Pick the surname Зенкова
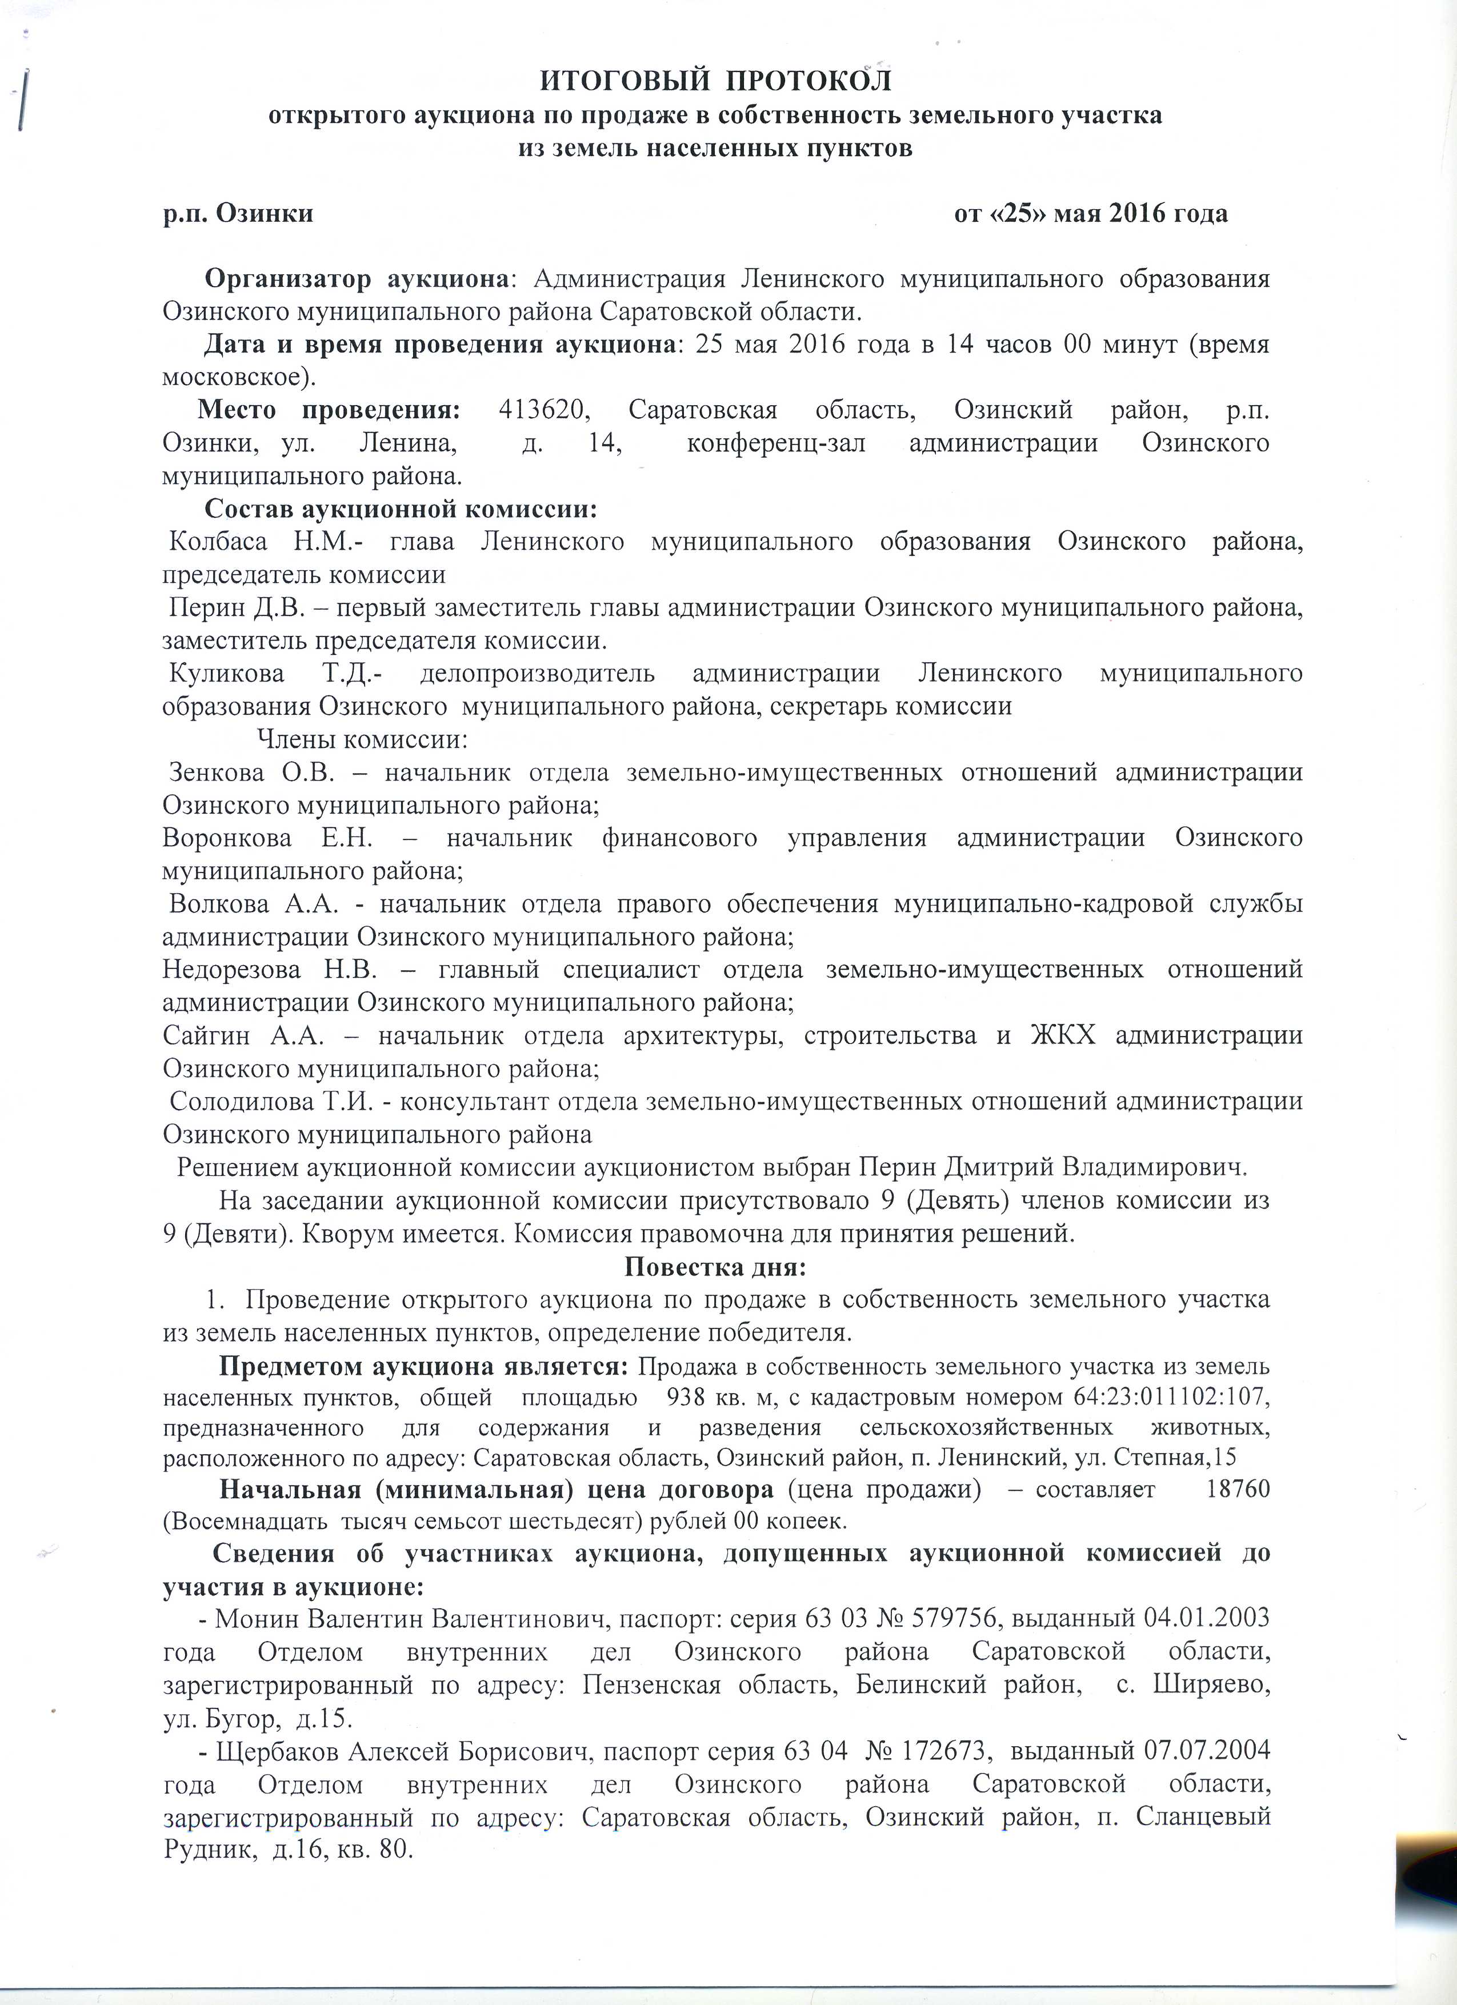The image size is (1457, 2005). pyautogui.click(x=217, y=772)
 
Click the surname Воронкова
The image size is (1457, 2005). pyautogui.click(x=229, y=837)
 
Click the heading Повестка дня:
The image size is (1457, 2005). pyautogui.click(x=715, y=1267)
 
